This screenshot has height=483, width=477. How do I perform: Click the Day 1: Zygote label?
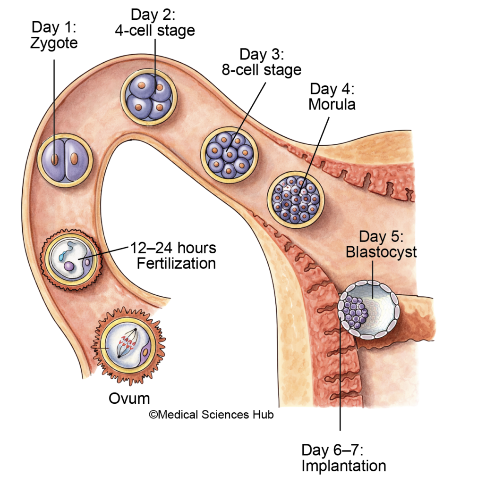(54, 36)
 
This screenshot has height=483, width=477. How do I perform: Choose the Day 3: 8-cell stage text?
(261, 62)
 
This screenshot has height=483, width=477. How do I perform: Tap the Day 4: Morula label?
(332, 96)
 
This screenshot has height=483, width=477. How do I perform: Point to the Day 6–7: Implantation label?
(343, 458)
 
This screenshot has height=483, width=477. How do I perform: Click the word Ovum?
(129, 398)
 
